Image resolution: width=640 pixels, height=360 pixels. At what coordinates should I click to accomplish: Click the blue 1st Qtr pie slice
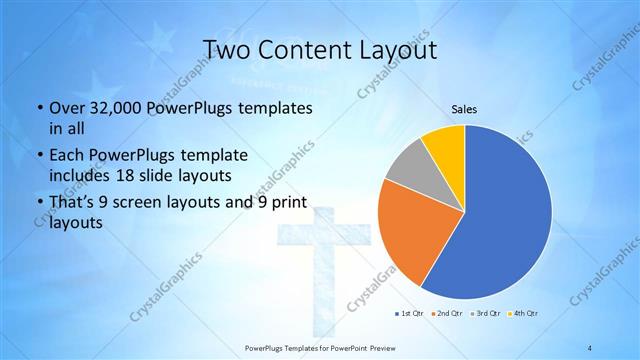coord(500,220)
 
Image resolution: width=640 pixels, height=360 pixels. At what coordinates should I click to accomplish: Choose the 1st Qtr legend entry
coord(410,314)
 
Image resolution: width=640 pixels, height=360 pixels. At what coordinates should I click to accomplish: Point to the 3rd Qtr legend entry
coord(487,314)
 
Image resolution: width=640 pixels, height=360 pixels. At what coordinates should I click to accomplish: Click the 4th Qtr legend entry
coord(525,314)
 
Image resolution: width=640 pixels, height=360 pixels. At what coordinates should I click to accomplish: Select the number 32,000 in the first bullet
coord(123,107)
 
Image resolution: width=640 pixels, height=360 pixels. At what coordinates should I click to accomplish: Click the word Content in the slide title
coord(304,49)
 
